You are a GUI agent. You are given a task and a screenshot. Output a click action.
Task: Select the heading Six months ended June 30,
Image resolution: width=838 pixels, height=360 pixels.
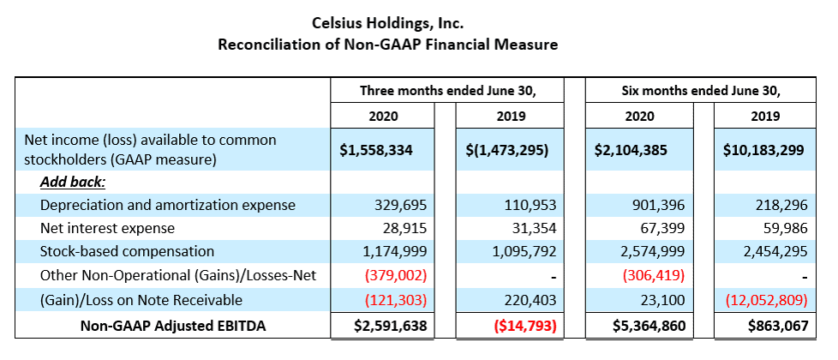pos(702,90)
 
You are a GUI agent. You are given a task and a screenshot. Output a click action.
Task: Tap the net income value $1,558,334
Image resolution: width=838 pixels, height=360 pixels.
pos(378,150)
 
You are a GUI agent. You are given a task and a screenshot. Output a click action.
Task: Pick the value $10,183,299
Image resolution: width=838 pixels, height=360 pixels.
pos(763,150)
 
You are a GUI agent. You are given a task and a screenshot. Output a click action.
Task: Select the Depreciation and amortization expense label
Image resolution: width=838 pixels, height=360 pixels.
pos(167,206)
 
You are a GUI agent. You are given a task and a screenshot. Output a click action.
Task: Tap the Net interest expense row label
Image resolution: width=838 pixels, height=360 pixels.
pos(107,229)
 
